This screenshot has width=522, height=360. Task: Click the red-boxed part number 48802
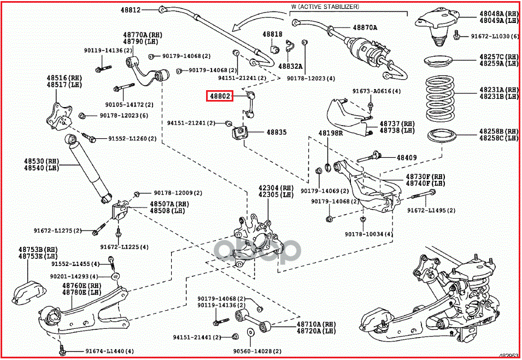[220, 97]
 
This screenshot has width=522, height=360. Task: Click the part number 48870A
[365, 27]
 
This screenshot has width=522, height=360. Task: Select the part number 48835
[277, 132]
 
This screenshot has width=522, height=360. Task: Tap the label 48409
[407, 158]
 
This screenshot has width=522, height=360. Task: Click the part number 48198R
[331, 133]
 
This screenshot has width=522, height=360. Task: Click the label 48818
[272, 34]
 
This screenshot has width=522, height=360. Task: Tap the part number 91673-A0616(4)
[377, 91]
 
